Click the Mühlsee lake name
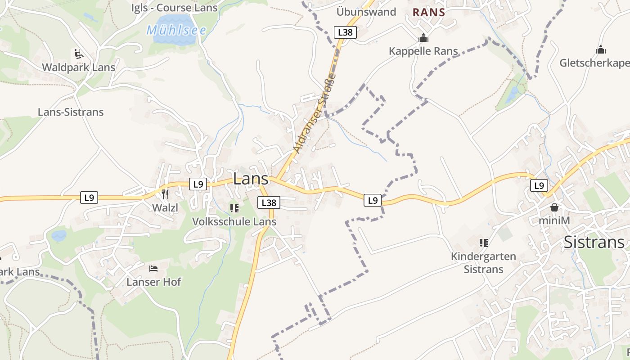[x=176, y=30]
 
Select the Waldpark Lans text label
[x=79, y=67]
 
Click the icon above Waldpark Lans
[x=79, y=54]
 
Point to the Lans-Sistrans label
[x=71, y=112]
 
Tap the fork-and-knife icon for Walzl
[x=165, y=194]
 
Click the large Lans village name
[x=251, y=179]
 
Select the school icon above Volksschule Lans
[x=234, y=208]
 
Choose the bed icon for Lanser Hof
[x=153, y=269]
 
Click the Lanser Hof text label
[x=153, y=282]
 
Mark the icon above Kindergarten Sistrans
[x=484, y=243]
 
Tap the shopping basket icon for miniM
[x=554, y=207]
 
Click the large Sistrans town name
[x=594, y=242]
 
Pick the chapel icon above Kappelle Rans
[x=423, y=38]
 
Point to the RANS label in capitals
[x=429, y=13]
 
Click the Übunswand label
[x=366, y=12]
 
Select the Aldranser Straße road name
[x=315, y=112]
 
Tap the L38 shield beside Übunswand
[x=345, y=32]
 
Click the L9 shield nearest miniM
[x=539, y=185]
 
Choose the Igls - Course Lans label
[x=175, y=8]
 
